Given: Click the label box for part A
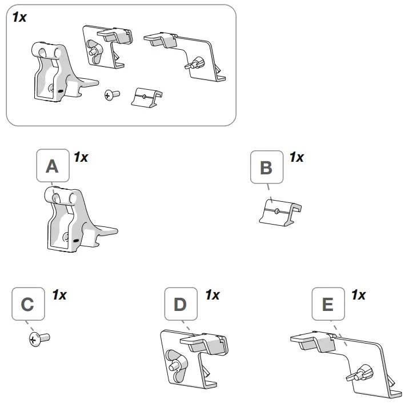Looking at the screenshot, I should [52, 166].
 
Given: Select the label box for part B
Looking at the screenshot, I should [266, 167].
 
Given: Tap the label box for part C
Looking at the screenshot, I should [27, 305].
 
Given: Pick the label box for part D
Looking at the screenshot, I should [180, 305].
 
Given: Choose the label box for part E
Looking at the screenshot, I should [327, 305].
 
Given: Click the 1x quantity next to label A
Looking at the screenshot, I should [81, 157].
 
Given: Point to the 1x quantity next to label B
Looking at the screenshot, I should [296, 157].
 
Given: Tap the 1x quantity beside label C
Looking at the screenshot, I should [59, 296].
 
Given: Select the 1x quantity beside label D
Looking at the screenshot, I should [212, 296].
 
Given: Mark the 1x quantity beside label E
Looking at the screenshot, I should [358, 296].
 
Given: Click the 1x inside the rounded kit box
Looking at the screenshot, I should [19, 17].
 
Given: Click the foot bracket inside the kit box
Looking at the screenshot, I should [57, 74].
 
